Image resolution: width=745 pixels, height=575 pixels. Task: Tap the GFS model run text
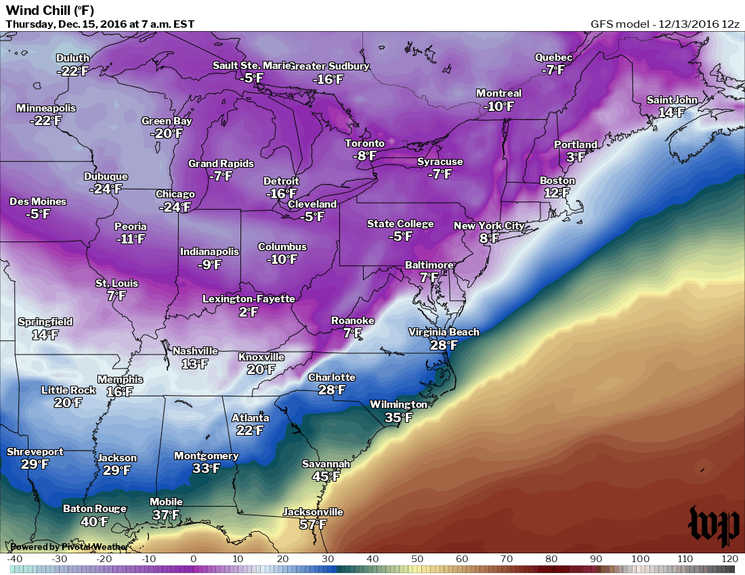point(664,24)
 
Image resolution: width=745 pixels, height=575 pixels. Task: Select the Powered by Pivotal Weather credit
point(68,547)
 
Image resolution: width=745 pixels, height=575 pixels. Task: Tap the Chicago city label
point(175,194)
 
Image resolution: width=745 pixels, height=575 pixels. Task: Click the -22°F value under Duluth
point(72,71)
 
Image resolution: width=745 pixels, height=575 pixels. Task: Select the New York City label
point(488,226)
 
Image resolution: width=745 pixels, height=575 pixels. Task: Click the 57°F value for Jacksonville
point(313,524)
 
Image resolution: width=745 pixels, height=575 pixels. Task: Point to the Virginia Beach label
point(444,332)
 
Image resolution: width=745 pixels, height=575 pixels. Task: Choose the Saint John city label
point(671,100)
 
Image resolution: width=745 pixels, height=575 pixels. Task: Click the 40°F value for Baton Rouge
point(95,522)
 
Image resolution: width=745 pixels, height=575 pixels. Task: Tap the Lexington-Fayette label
point(249,299)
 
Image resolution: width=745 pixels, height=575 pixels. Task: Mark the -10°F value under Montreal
point(498,106)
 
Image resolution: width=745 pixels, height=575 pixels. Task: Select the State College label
point(400,224)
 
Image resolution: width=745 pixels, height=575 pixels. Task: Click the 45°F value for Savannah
point(326,476)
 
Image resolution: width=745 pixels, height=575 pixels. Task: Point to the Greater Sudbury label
point(330,66)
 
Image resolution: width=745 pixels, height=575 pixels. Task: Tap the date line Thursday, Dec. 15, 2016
point(100,24)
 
